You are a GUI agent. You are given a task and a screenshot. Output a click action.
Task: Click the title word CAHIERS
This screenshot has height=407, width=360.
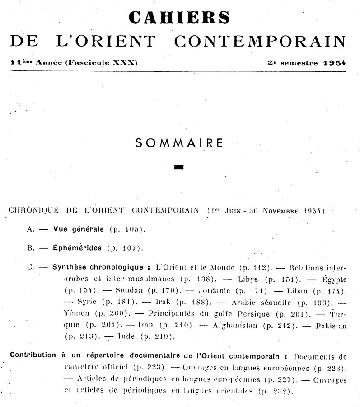(180, 17)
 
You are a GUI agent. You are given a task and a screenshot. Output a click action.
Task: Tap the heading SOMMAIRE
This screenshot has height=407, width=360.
(180, 143)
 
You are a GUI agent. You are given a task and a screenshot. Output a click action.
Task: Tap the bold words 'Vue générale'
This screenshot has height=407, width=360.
(79, 229)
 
